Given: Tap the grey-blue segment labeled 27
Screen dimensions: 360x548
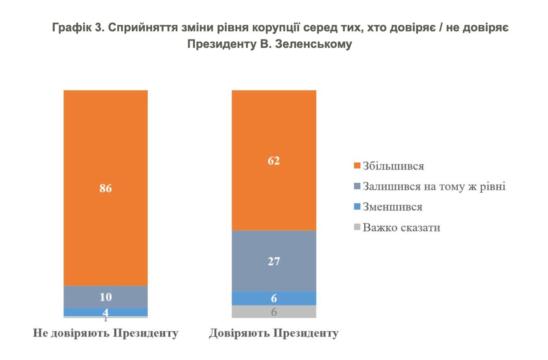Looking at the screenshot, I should pyautogui.click(x=274, y=261).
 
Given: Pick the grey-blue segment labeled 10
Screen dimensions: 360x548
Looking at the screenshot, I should pyautogui.click(x=105, y=296).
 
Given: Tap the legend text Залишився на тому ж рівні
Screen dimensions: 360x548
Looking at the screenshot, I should pyautogui.click(x=434, y=187).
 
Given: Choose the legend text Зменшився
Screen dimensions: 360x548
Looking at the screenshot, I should pyautogui.click(x=392, y=207).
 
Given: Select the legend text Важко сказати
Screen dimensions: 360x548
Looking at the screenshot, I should pyautogui.click(x=401, y=227).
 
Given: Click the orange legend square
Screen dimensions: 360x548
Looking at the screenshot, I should pyautogui.click(x=357, y=166).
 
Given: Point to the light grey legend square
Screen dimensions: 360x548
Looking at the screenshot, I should pyautogui.click(x=357, y=227).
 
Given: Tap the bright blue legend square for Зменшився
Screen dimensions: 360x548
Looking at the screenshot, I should pyautogui.click(x=357, y=207).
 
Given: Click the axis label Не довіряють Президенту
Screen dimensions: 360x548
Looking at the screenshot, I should pyautogui.click(x=105, y=333).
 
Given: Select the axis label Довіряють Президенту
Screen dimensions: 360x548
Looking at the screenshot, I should pyautogui.click(x=274, y=333).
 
